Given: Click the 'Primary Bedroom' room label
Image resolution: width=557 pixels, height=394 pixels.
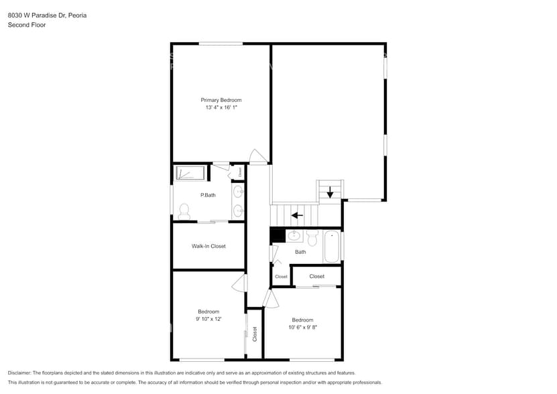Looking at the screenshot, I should [221, 100].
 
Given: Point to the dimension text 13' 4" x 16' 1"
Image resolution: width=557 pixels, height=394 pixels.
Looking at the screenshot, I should [221, 107].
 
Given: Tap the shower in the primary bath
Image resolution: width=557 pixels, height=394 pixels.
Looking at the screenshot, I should [190, 174].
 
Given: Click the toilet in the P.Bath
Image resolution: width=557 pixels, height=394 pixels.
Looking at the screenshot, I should [184, 212].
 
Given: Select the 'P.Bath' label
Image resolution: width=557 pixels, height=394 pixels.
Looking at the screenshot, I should [208, 195].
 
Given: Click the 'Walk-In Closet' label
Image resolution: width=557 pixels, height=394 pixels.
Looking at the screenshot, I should [208, 246].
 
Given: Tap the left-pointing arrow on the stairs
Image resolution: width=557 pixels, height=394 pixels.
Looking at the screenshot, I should [296, 216].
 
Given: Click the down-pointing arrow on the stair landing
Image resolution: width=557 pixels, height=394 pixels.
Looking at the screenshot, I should [330, 192].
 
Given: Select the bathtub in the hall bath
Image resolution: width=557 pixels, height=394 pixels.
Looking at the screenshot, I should [332, 247].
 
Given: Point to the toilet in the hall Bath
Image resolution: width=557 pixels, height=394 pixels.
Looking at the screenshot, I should [312, 237].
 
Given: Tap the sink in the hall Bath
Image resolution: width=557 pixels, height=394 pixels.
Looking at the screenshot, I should [294, 235].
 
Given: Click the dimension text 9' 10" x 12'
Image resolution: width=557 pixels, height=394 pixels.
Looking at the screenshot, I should [208, 319].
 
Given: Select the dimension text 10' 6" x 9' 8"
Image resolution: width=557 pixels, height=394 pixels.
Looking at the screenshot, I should [302, 328].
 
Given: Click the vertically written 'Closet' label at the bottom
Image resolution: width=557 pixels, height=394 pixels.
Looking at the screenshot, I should [255, 334].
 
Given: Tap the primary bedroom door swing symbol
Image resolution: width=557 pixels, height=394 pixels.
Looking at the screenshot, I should [258, 156].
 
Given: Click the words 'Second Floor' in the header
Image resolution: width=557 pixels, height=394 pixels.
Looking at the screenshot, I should [25, 25].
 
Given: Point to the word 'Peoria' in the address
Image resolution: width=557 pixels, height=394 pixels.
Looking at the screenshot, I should [76, 15].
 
